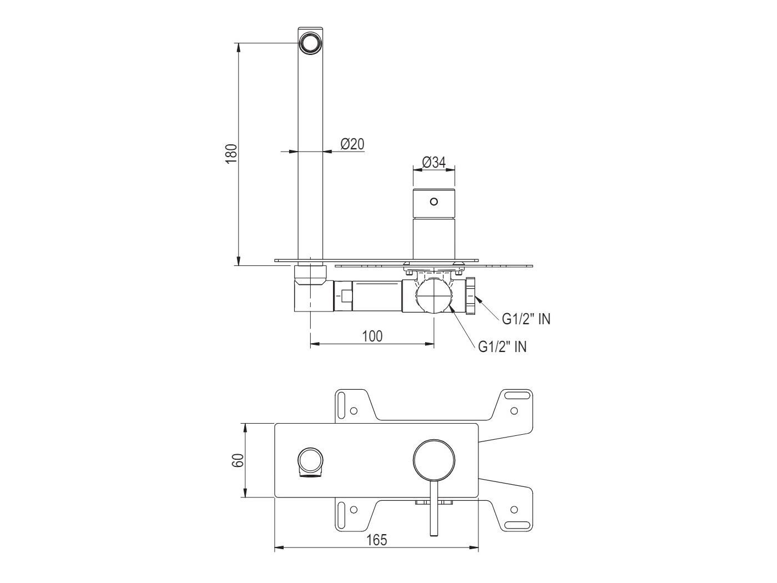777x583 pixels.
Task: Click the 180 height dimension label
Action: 231,153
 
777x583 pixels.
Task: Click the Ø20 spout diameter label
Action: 352,144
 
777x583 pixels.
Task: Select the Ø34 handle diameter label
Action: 433,163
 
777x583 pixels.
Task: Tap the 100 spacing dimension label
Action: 372,336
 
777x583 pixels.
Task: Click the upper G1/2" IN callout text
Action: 526,319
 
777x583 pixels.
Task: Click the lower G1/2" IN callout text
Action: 502,347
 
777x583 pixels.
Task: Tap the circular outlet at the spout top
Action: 310,43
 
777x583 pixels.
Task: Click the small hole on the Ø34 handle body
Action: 434,202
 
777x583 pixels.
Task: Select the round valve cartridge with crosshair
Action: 433,296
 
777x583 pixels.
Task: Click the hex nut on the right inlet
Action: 472,296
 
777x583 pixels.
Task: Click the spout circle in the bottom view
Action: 310,461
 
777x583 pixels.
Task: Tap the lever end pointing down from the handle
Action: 434,532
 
